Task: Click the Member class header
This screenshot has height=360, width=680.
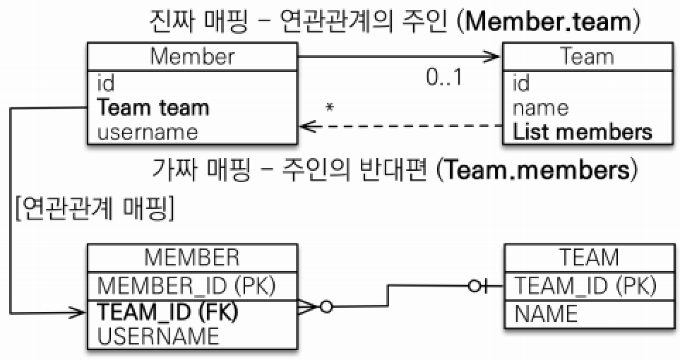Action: [x=192, y=56]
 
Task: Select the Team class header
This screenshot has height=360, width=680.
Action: [x=587, y=56]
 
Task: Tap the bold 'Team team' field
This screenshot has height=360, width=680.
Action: [x=153, y=107]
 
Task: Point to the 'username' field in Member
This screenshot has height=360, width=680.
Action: [x=148, y=131]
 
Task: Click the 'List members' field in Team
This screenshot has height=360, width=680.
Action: [x=583, y=131]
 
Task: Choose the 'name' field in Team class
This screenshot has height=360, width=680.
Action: [x=540, y=107]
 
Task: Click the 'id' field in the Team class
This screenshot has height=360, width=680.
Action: [x=521, y=84]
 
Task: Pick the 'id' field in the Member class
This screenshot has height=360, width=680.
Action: [x=105, y=84]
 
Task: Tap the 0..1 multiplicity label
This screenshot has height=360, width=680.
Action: [x=444, y=77]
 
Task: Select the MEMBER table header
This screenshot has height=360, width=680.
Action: [x=192, y=258]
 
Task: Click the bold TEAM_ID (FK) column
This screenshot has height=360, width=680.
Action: [x=167, y=312]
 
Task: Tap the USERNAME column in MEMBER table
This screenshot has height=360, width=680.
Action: [x=158, y=335]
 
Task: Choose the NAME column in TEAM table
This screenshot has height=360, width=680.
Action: [x=546, y=313]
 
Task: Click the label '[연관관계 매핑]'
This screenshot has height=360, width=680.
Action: [x=95, y=209]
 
